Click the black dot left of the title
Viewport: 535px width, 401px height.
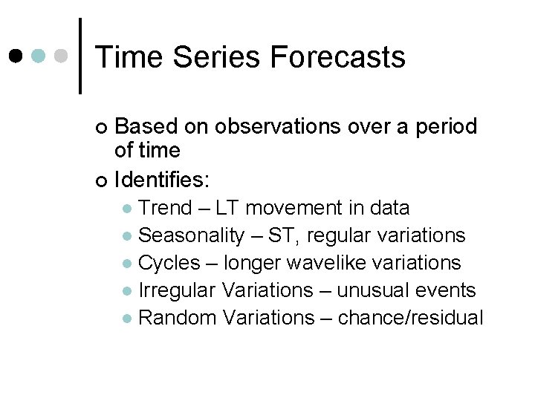[x=16, y=56]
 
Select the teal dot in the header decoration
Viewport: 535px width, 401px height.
[x=39, y=56]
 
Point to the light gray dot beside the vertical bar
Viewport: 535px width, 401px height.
[x=62, y=56]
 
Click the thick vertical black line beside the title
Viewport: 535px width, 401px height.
[x=80, y=56]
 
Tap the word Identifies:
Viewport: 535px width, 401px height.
[x=163, y=180]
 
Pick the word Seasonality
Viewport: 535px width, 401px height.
[x=192, y=235]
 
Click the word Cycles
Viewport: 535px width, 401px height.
[x=169, y=263]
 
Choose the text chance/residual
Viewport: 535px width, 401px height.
[x=410, y=318]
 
